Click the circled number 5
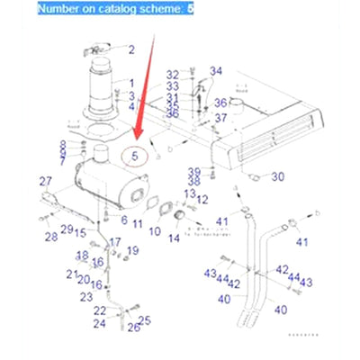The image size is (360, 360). pos(136,156)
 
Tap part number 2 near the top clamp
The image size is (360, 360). pos(130,49)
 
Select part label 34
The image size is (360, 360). pos(215,70)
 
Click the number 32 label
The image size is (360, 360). pos(174,72)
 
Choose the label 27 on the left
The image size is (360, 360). pos(45,182)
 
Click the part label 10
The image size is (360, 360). pos(154,231)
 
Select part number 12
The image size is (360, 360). pos(203,199)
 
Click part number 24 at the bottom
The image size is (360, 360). pos(100,322)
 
